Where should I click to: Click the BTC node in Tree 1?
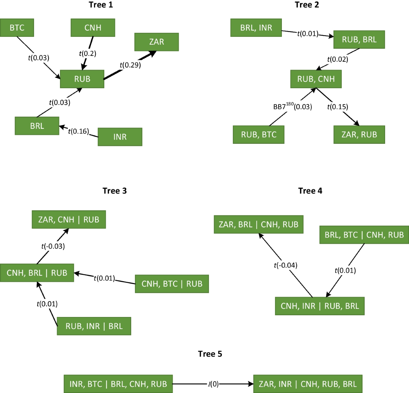(x=17, y=28)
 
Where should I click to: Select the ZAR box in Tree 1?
(x=156, y=42)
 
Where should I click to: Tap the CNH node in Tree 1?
(x=93, y=28)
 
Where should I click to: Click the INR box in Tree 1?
(x=120, y=137)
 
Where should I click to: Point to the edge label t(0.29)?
(x=130, y=65)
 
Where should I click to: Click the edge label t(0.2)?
(x=88, y=53)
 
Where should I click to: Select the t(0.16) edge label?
(x=78, y=131)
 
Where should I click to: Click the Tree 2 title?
(x=307, y=5)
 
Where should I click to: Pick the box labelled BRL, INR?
(x=256, y=28)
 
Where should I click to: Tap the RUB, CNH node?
(x=316, y=79)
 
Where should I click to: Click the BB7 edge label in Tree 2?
(x=292, y=106)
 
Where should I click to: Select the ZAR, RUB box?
(x=359, y=135)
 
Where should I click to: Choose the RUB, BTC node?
(x=259, y=135)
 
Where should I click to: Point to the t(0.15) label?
(x=337, y=107)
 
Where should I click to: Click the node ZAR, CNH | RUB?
(x=69, y=220)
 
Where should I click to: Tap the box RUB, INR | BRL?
(x=94, y=326)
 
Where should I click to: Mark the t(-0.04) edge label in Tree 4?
(x=286, y=265)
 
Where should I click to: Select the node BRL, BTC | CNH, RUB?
(x=364, y=235)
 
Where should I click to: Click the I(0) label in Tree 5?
(x=213, y=384)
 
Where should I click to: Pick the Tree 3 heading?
(x=115, y=191)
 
